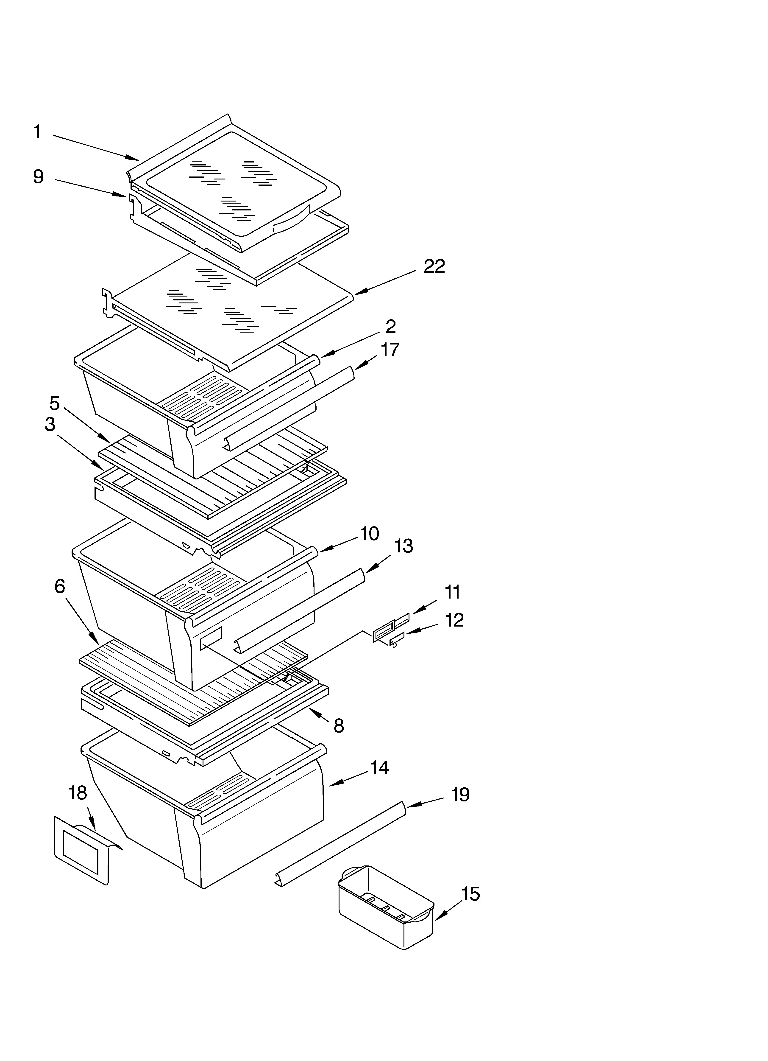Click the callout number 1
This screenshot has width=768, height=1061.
[37, 132]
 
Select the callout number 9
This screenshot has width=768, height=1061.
[38, 177]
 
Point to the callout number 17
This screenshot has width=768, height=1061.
[390, 350]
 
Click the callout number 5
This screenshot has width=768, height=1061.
[55, 403]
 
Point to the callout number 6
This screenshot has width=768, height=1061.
[59, 586]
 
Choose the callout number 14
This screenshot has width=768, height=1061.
[379, 768]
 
